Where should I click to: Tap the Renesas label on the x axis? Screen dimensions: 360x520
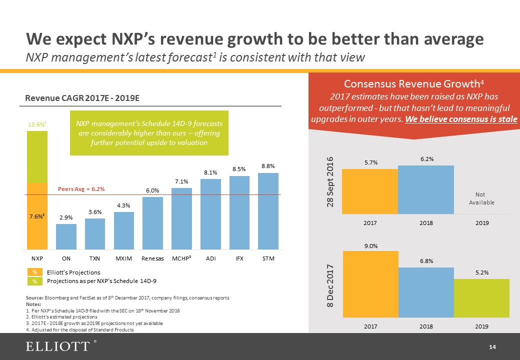click(152, 258)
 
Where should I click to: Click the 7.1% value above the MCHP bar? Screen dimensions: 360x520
click(181, 181)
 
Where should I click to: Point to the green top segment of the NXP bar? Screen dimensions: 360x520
click(37, 156)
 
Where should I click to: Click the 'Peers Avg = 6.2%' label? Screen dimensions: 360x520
click(81, 189)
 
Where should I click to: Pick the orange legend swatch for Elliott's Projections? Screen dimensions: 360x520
click(35, 272)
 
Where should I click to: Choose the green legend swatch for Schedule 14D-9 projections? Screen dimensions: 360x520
click(35, 281)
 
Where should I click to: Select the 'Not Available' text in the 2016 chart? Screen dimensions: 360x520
click(481, 198)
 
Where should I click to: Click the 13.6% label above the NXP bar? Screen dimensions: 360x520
click(35, 124)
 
